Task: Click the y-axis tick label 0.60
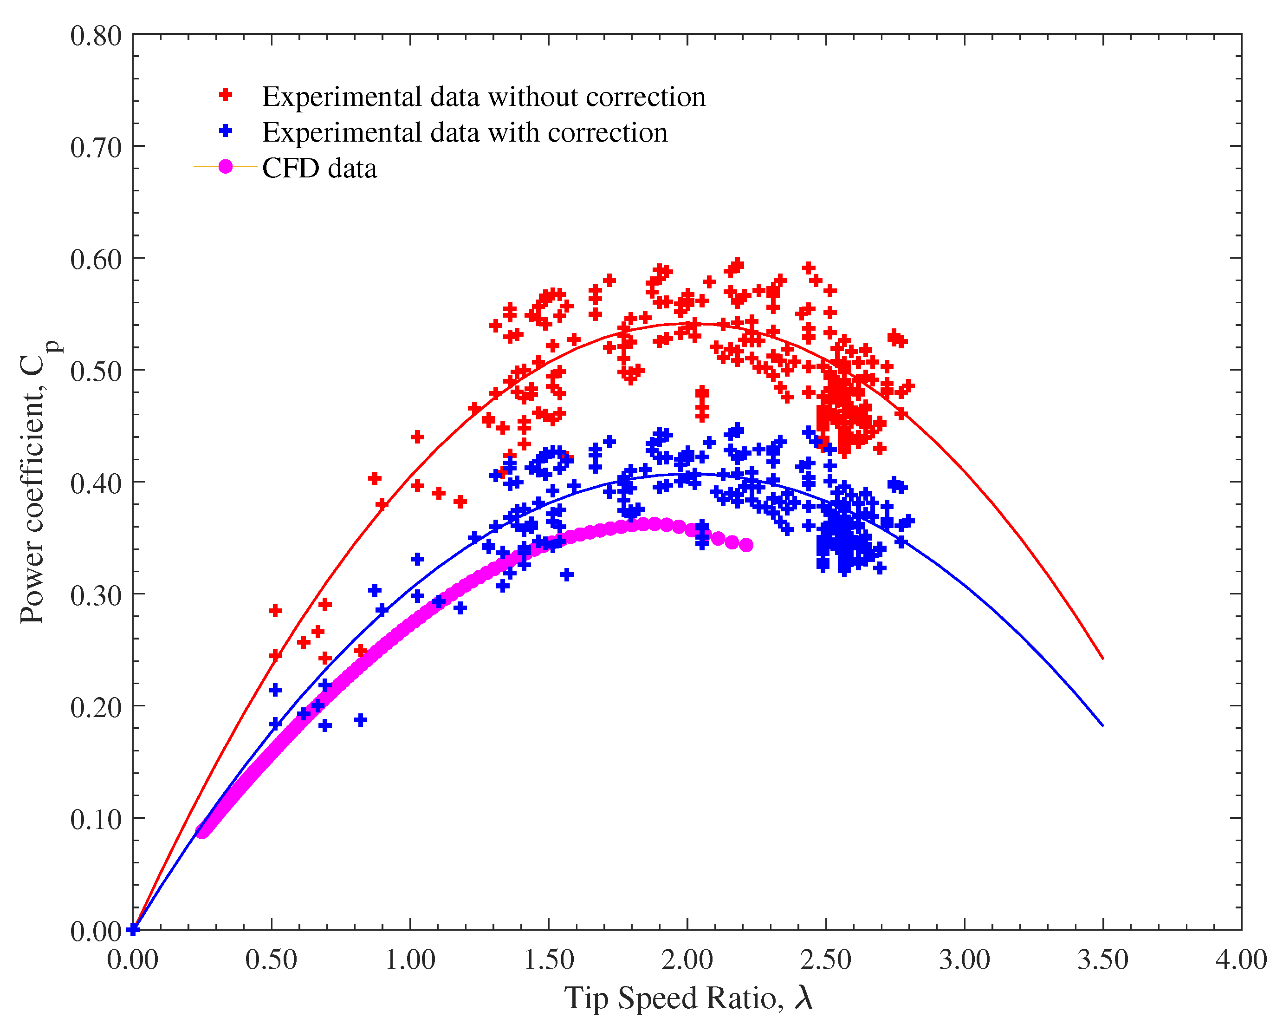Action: [96, 260]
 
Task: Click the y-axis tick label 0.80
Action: [96, 36]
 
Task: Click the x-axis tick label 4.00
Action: [1241, 959]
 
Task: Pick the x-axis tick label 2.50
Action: [825, 959]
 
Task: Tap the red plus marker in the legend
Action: [226, 95]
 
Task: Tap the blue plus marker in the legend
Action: [226, 131]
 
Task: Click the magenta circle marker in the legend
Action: [226, 167]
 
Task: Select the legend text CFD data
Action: [319, 169]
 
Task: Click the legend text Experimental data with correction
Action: [465, 132]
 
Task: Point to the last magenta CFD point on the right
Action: [746, 545]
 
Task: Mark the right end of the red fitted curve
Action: [1103, 659]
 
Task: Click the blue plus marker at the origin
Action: [133, 929]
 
